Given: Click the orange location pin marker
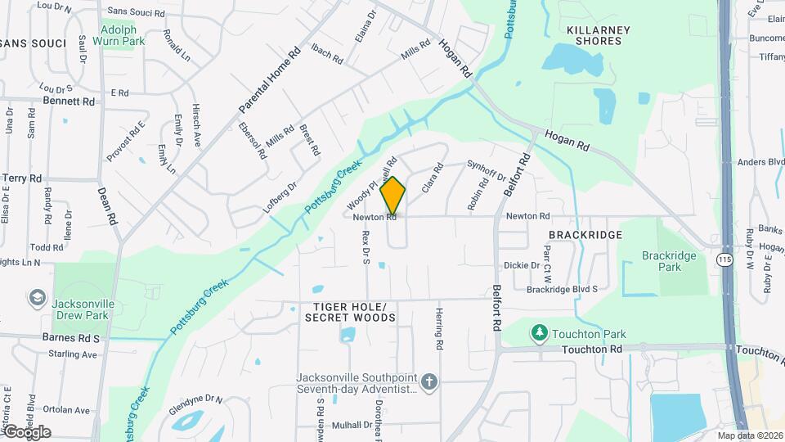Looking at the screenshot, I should pyautogui.click(x=393, y=195).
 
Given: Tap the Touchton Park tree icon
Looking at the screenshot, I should pyautogui.click(x=539, y=332).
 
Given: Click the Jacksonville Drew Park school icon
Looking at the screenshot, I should pyautogui.click(x=36, y=298).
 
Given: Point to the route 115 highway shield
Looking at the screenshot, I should pyautogui.click(x=724, y=259).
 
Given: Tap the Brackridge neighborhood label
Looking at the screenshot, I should pyautogui.click(x=585, y=235).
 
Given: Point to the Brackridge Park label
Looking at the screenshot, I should pyautogui.click(x=669, y=261).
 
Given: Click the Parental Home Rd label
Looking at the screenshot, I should pyautogui.click(x=271, y=80).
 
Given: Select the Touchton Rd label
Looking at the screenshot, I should pyautogui.click(x=592, y=350).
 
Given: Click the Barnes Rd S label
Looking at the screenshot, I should pyautogui.click(x=72, y=337).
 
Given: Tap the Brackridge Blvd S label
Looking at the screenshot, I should pyautogui.click(x=562, y=289).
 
